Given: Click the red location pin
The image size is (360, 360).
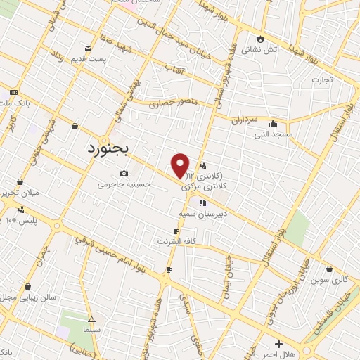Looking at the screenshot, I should (181, 165).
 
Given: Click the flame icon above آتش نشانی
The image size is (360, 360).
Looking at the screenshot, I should (261, 39).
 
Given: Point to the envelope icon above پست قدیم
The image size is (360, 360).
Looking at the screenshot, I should (87, 49).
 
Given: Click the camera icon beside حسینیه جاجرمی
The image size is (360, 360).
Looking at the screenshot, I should (124, 173).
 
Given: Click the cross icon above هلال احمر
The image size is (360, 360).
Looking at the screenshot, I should (279, 345).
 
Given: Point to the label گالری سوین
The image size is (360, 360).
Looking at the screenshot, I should (329, 280).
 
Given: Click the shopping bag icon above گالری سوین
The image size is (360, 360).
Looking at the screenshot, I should (330, 269).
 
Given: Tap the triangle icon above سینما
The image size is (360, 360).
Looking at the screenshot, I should (91, 318).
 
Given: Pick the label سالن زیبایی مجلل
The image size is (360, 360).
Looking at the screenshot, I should (20, 298).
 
